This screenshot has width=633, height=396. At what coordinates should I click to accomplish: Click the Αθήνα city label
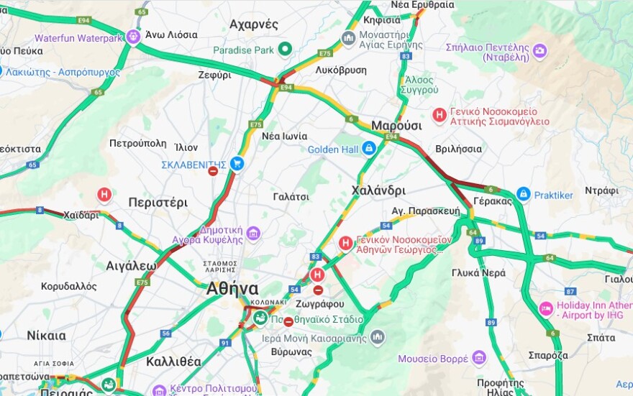pos(232,289)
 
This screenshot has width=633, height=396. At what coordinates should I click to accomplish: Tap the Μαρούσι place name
pos(396,126)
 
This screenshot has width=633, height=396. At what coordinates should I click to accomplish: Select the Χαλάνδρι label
pos(378,190)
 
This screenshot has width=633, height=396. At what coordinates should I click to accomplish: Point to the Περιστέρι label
pos(158,202)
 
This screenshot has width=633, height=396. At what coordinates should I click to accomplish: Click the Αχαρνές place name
pos(254,24)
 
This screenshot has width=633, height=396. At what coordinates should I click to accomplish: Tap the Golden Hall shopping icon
pos(369,149)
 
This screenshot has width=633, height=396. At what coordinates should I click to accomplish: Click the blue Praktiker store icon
pos(524,194)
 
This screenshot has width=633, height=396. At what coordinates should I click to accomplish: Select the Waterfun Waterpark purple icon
pos(133,37)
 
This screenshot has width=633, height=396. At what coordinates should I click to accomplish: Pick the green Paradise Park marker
pos(285,50)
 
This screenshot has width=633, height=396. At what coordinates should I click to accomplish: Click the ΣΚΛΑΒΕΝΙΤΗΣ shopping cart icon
pos(237,165)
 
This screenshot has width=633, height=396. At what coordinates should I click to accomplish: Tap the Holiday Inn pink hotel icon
pos(546,308)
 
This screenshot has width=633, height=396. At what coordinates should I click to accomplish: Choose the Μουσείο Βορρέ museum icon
pos(479,358)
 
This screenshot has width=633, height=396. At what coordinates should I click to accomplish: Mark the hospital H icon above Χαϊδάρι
pos(104,195)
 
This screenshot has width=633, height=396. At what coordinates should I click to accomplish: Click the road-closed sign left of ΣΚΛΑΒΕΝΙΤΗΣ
pos(213,171)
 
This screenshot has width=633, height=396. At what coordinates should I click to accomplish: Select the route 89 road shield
pos(491,323)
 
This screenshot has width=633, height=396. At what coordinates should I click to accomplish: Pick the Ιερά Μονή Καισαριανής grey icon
pos(378,337)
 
